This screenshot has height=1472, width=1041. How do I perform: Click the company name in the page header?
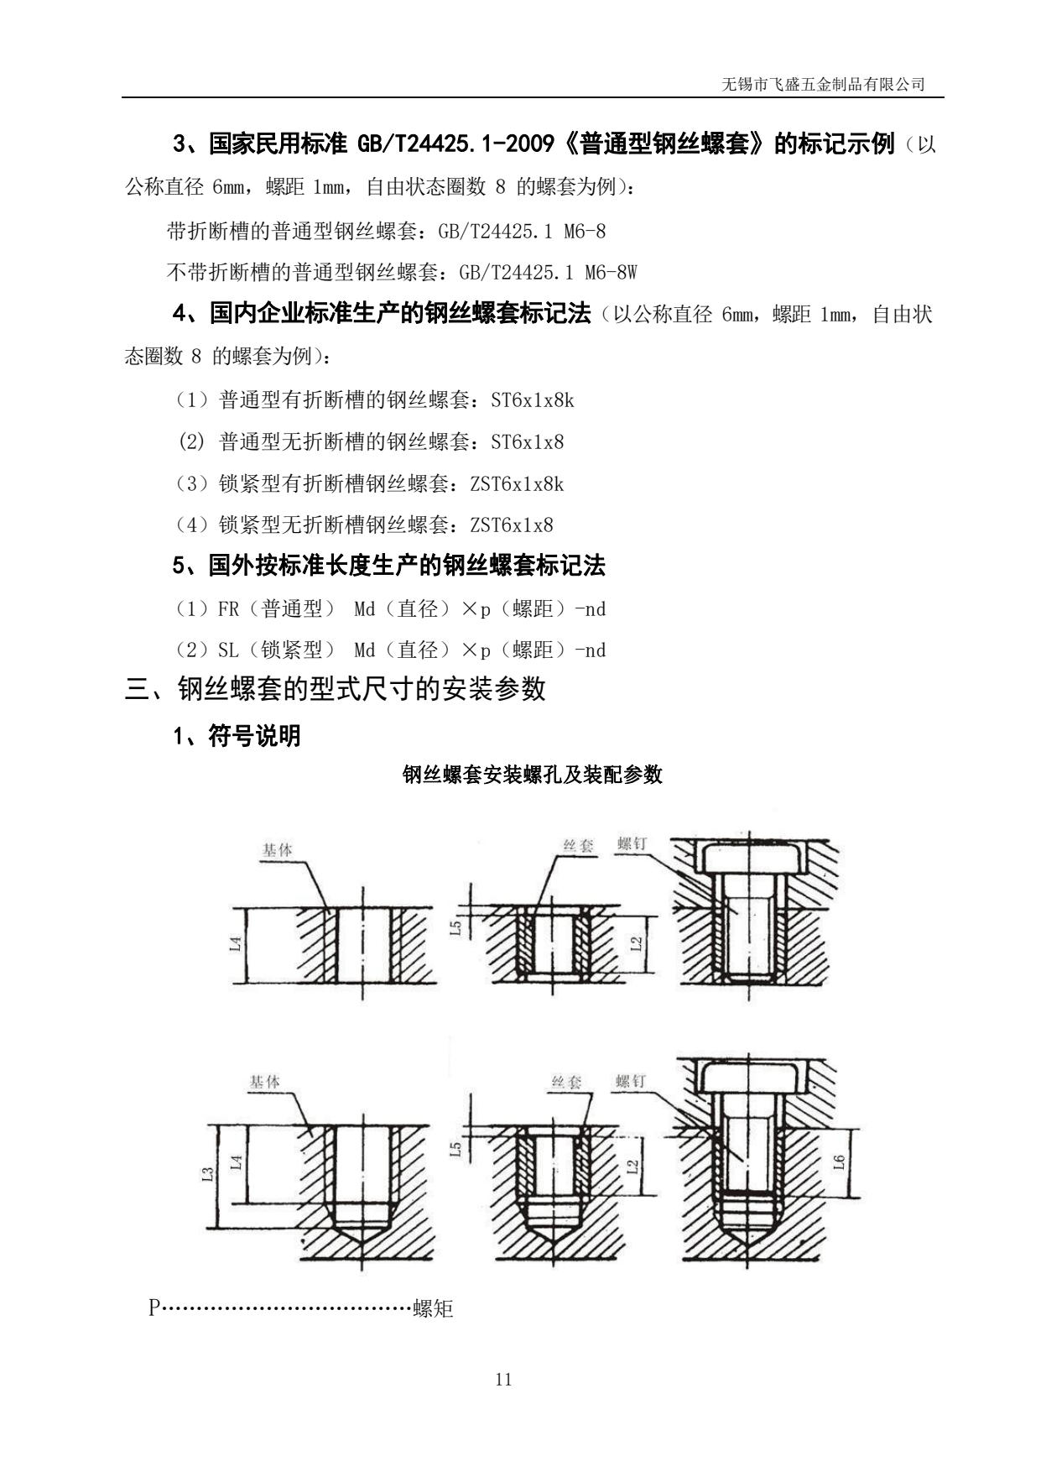pos(823,85)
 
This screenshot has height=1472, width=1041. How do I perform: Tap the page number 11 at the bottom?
pos(503,1379)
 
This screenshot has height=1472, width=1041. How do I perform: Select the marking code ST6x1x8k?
pos(533,400)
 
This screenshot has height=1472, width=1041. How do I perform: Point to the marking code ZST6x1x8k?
pos(517,484)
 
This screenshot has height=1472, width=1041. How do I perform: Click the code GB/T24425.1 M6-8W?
pos(548,273)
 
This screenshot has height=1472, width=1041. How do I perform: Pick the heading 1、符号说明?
pos(237,736)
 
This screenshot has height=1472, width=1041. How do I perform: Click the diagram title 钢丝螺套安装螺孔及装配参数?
pos(533,774)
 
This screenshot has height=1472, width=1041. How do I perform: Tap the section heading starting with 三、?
pos(336,689)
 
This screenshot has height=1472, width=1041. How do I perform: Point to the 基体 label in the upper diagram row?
pos(277,850)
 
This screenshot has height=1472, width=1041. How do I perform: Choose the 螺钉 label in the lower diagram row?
pos(630,1081)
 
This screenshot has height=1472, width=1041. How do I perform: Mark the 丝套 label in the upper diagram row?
pos(578,845)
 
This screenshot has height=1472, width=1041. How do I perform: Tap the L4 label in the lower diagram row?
pos(237,1162)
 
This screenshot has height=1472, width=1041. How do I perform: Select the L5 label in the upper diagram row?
pos(455,927)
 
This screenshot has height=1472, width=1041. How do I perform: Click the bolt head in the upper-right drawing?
pos(750,858)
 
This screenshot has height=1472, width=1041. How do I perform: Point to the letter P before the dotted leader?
pos(154,1308)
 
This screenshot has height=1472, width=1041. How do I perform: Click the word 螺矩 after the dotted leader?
pos(433,1308)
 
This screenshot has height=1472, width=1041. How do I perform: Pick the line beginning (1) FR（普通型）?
pos(389,609)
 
